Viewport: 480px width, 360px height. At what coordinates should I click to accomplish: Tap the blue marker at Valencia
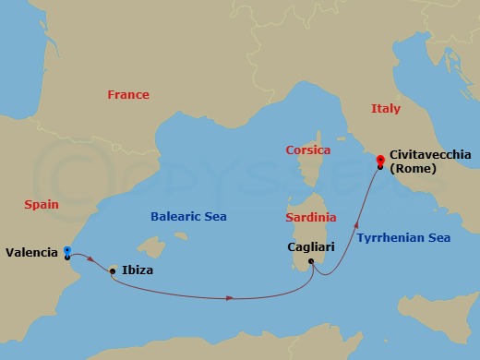tap(67, 249)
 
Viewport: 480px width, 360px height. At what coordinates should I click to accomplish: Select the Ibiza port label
tap(138, 270)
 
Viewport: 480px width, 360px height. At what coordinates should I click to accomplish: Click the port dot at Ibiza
tap(113, 270)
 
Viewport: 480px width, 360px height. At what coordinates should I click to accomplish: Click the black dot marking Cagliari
tap(311, 261)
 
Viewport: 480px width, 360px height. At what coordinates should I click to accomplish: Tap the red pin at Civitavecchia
tap(380, 162)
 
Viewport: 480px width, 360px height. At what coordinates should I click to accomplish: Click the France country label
tap(127, 94)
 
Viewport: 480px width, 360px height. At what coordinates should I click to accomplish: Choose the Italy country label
tap(386, 108)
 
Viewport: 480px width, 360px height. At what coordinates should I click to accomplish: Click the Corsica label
tap(307, 149)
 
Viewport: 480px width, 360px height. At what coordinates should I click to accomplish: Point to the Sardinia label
tap(311, 218)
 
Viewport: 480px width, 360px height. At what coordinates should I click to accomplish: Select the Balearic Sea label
tap(189, 216)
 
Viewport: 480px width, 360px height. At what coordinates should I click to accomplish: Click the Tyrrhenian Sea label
tap(403, 237)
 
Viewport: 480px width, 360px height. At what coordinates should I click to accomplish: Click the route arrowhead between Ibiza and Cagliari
tap(227, 297)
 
